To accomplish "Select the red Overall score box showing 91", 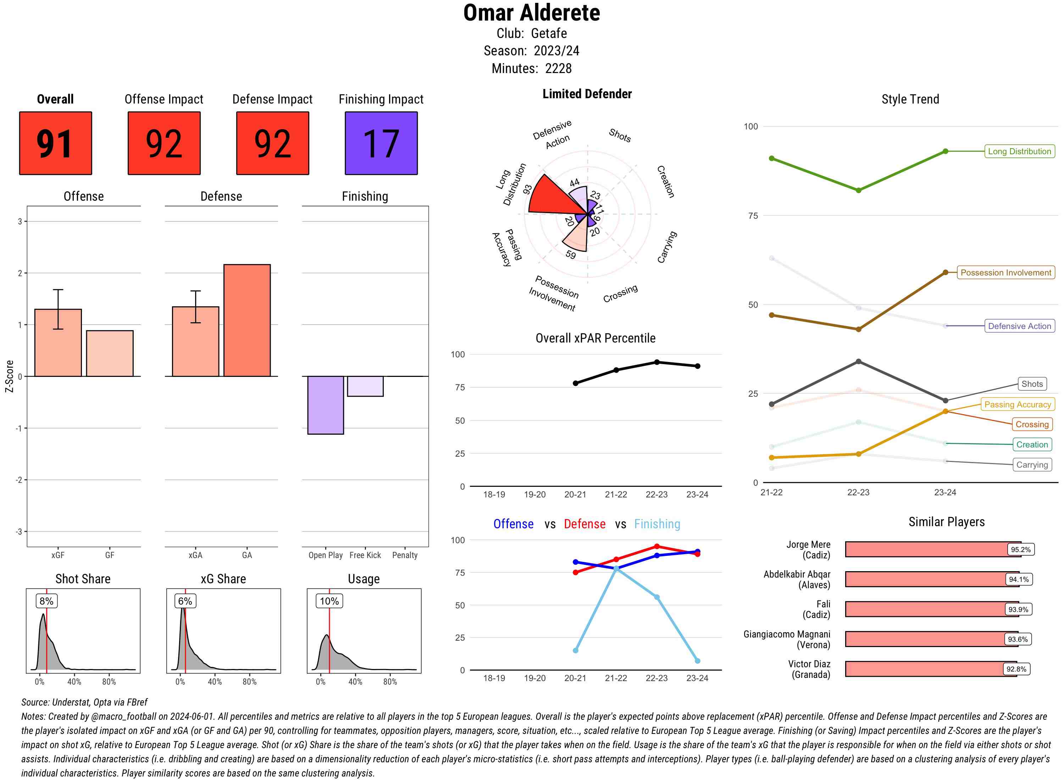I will [55, 143].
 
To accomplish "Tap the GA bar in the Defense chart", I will [247, 320].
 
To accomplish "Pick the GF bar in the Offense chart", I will [110, 353].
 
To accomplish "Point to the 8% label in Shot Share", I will [46, 601].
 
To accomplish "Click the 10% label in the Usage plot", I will [329, 601].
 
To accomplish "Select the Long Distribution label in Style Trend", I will [1019, 151].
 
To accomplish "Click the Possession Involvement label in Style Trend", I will [1005, 272].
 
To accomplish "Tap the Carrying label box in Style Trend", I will [1032, 464].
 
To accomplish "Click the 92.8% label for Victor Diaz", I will [1016, 669].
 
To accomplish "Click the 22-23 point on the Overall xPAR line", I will [656, 362].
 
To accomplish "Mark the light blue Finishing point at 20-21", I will [575, 651].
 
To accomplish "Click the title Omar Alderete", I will [531, 13].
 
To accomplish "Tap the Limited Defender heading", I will [587, 94].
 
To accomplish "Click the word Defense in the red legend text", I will [584, 524].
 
